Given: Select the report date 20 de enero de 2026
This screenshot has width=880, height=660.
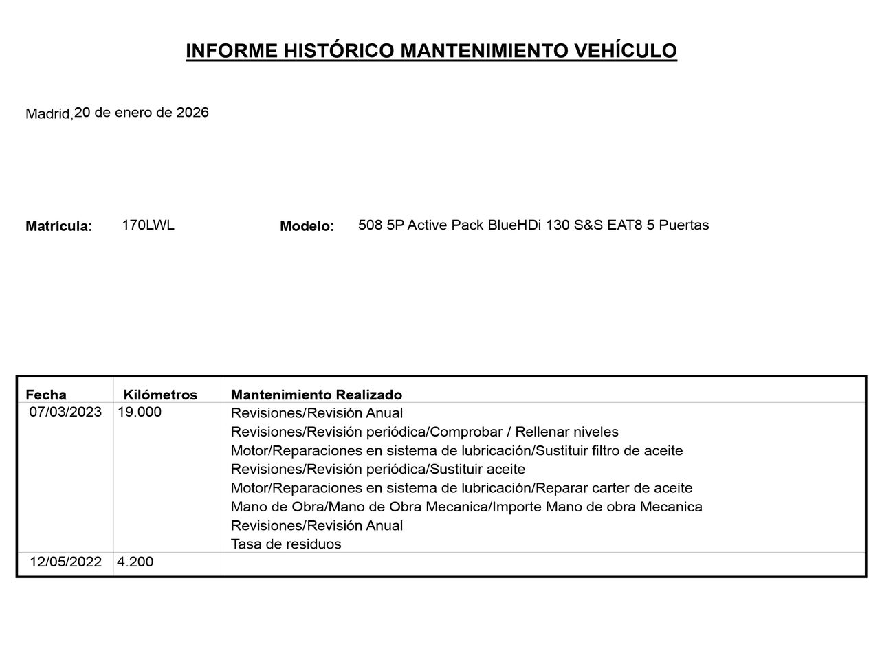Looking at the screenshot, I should point(142,112).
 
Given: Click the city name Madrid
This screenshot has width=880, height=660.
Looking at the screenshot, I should point(48,114).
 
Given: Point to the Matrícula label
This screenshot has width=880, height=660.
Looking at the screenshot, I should point(58,226).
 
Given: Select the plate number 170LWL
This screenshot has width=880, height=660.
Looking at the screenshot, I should point(148,225).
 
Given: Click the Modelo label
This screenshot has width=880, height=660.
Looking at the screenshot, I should point(307,226).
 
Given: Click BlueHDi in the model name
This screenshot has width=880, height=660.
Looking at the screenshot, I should point(514,225).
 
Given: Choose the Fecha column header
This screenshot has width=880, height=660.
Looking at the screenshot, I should point(46,395).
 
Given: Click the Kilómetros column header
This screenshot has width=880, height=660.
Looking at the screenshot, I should point(160,395).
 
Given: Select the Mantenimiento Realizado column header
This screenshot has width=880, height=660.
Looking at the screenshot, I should point(316,395).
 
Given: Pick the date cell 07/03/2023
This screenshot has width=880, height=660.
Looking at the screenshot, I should point(65,412).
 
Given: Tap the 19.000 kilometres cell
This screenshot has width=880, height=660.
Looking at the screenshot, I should point(140,412).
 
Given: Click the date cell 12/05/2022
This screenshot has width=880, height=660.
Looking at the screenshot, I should point(65,562).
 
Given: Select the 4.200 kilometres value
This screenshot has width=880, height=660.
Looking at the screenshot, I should point(135,562).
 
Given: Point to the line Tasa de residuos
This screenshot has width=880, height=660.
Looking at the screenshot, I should point(286,544).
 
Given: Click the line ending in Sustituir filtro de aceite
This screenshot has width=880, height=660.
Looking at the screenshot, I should point(456,450).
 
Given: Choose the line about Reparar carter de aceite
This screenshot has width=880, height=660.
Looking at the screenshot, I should point(461,487).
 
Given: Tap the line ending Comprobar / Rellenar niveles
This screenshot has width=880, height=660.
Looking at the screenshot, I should point(424,432).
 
